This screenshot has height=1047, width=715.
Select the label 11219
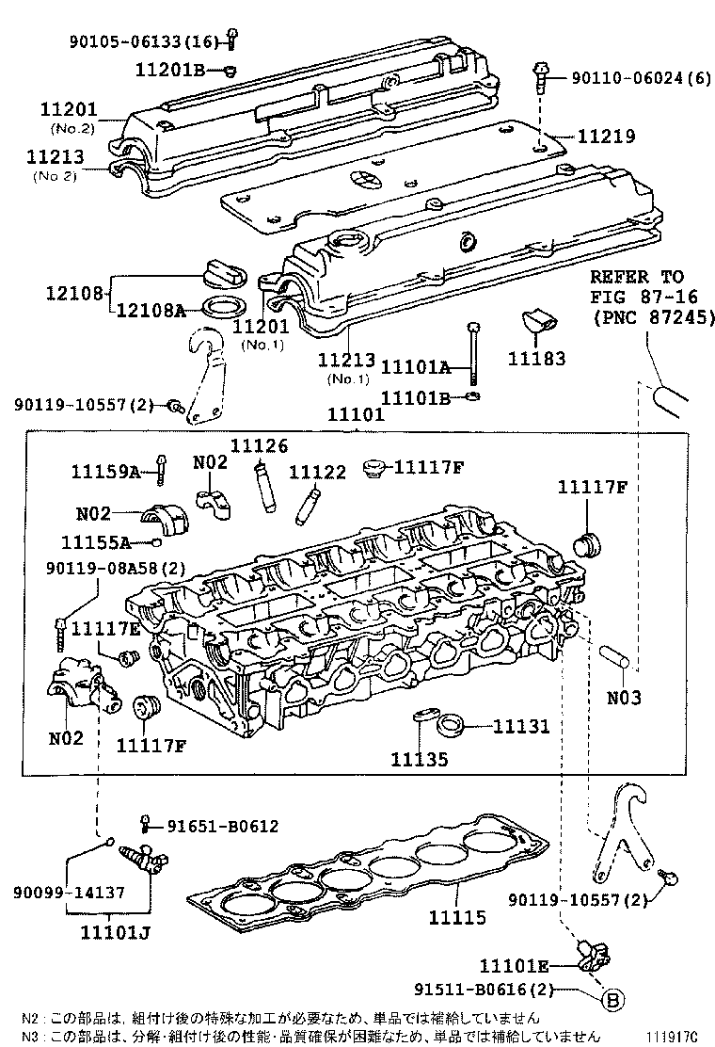click(x=605, y=137)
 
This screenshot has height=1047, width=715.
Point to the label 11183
click(x=536, y=359)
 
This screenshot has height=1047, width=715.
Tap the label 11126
click(x=260, y=446)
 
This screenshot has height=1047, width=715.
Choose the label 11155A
click(x=94, y=542)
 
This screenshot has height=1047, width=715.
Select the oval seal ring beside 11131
click(x=452, y=725)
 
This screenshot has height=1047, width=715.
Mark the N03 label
click(x=623, y=699)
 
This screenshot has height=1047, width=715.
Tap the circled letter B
click(x=612, y=999)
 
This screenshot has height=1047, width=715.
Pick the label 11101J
click(x=109, y=933)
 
